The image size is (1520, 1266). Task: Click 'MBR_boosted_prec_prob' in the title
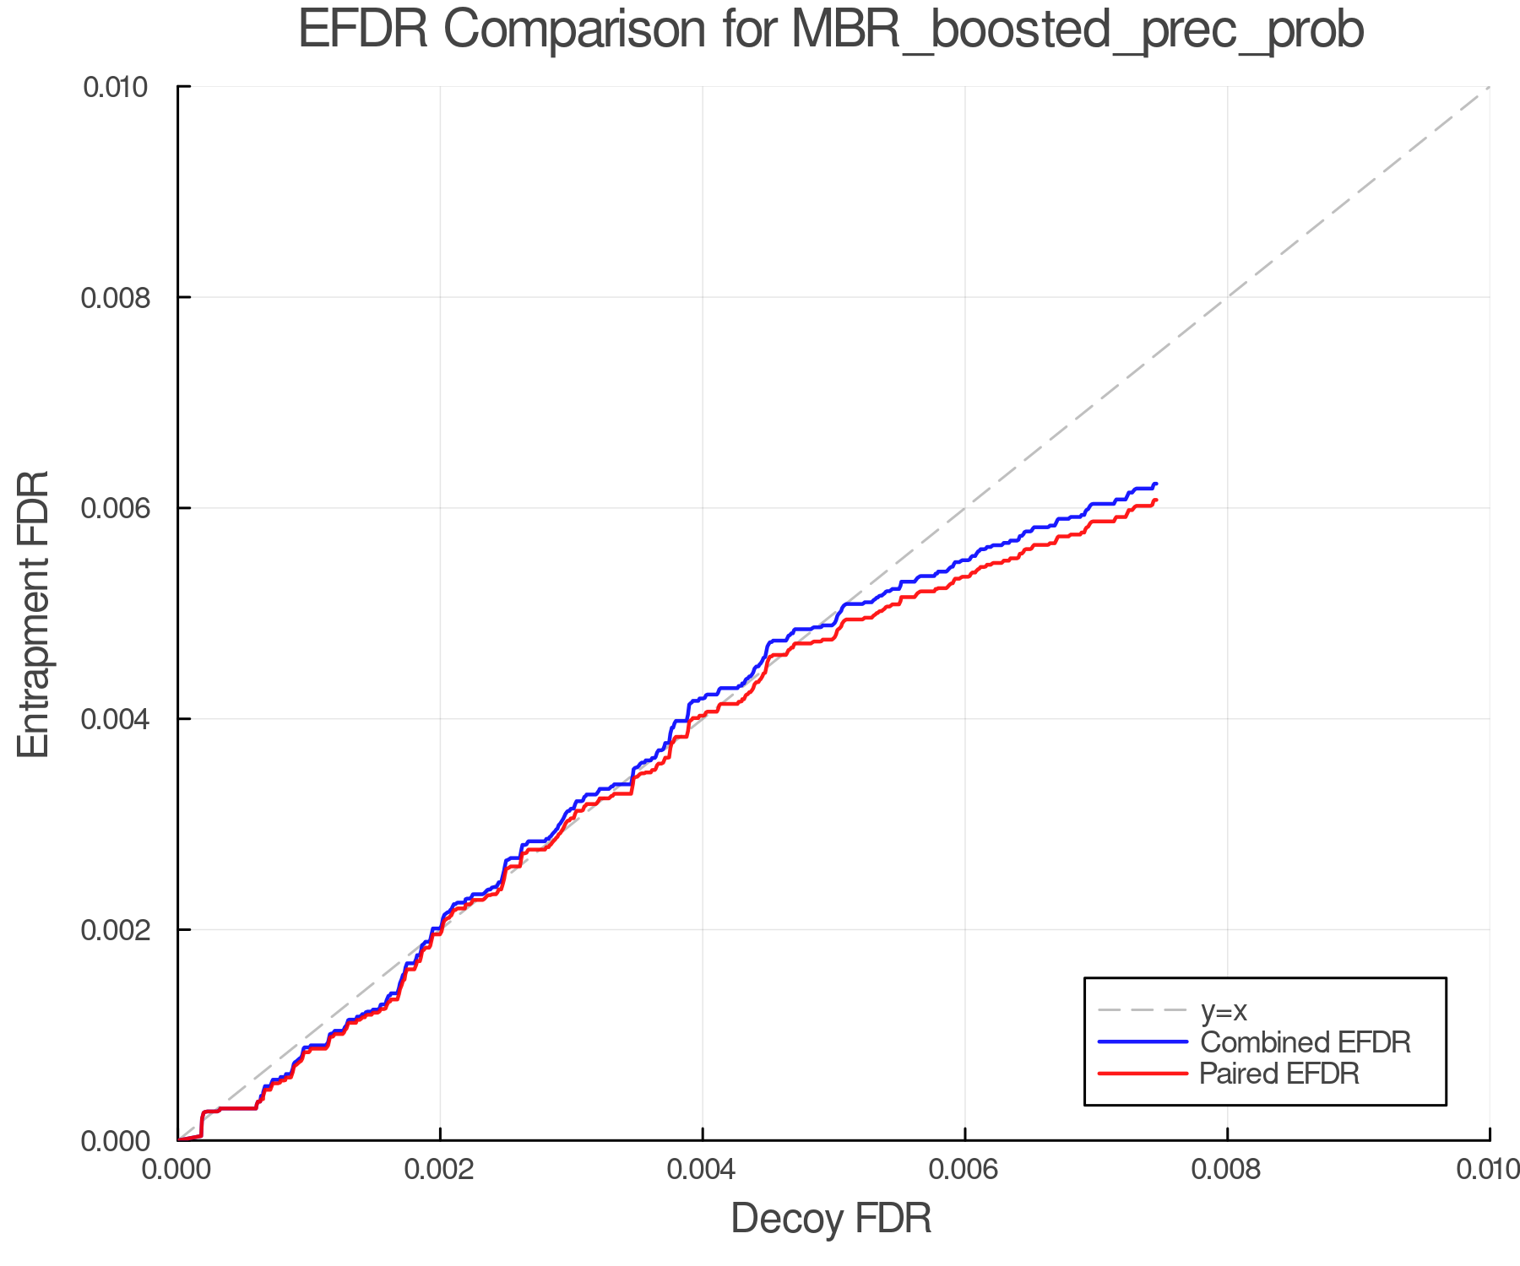(1078, 31)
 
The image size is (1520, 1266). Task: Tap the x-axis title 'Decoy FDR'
(831, 1218)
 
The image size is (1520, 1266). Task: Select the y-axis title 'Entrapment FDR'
(34, 614)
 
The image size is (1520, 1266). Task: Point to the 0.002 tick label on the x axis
(440, 1169)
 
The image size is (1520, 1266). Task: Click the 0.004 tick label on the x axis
(703, 1169)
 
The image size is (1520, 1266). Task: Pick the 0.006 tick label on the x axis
(964, 1169)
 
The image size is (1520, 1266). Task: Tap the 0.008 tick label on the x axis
(1227, 1169)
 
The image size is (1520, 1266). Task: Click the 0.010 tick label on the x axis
(1488, 1169)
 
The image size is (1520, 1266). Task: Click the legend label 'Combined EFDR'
(1305, 1042)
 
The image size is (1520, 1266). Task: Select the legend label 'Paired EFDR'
(1279, 1074)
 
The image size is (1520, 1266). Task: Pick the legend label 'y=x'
(1224, 1010)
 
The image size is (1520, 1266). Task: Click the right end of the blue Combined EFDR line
(1156, 484)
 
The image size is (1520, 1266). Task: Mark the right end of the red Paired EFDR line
(1156, 500)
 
